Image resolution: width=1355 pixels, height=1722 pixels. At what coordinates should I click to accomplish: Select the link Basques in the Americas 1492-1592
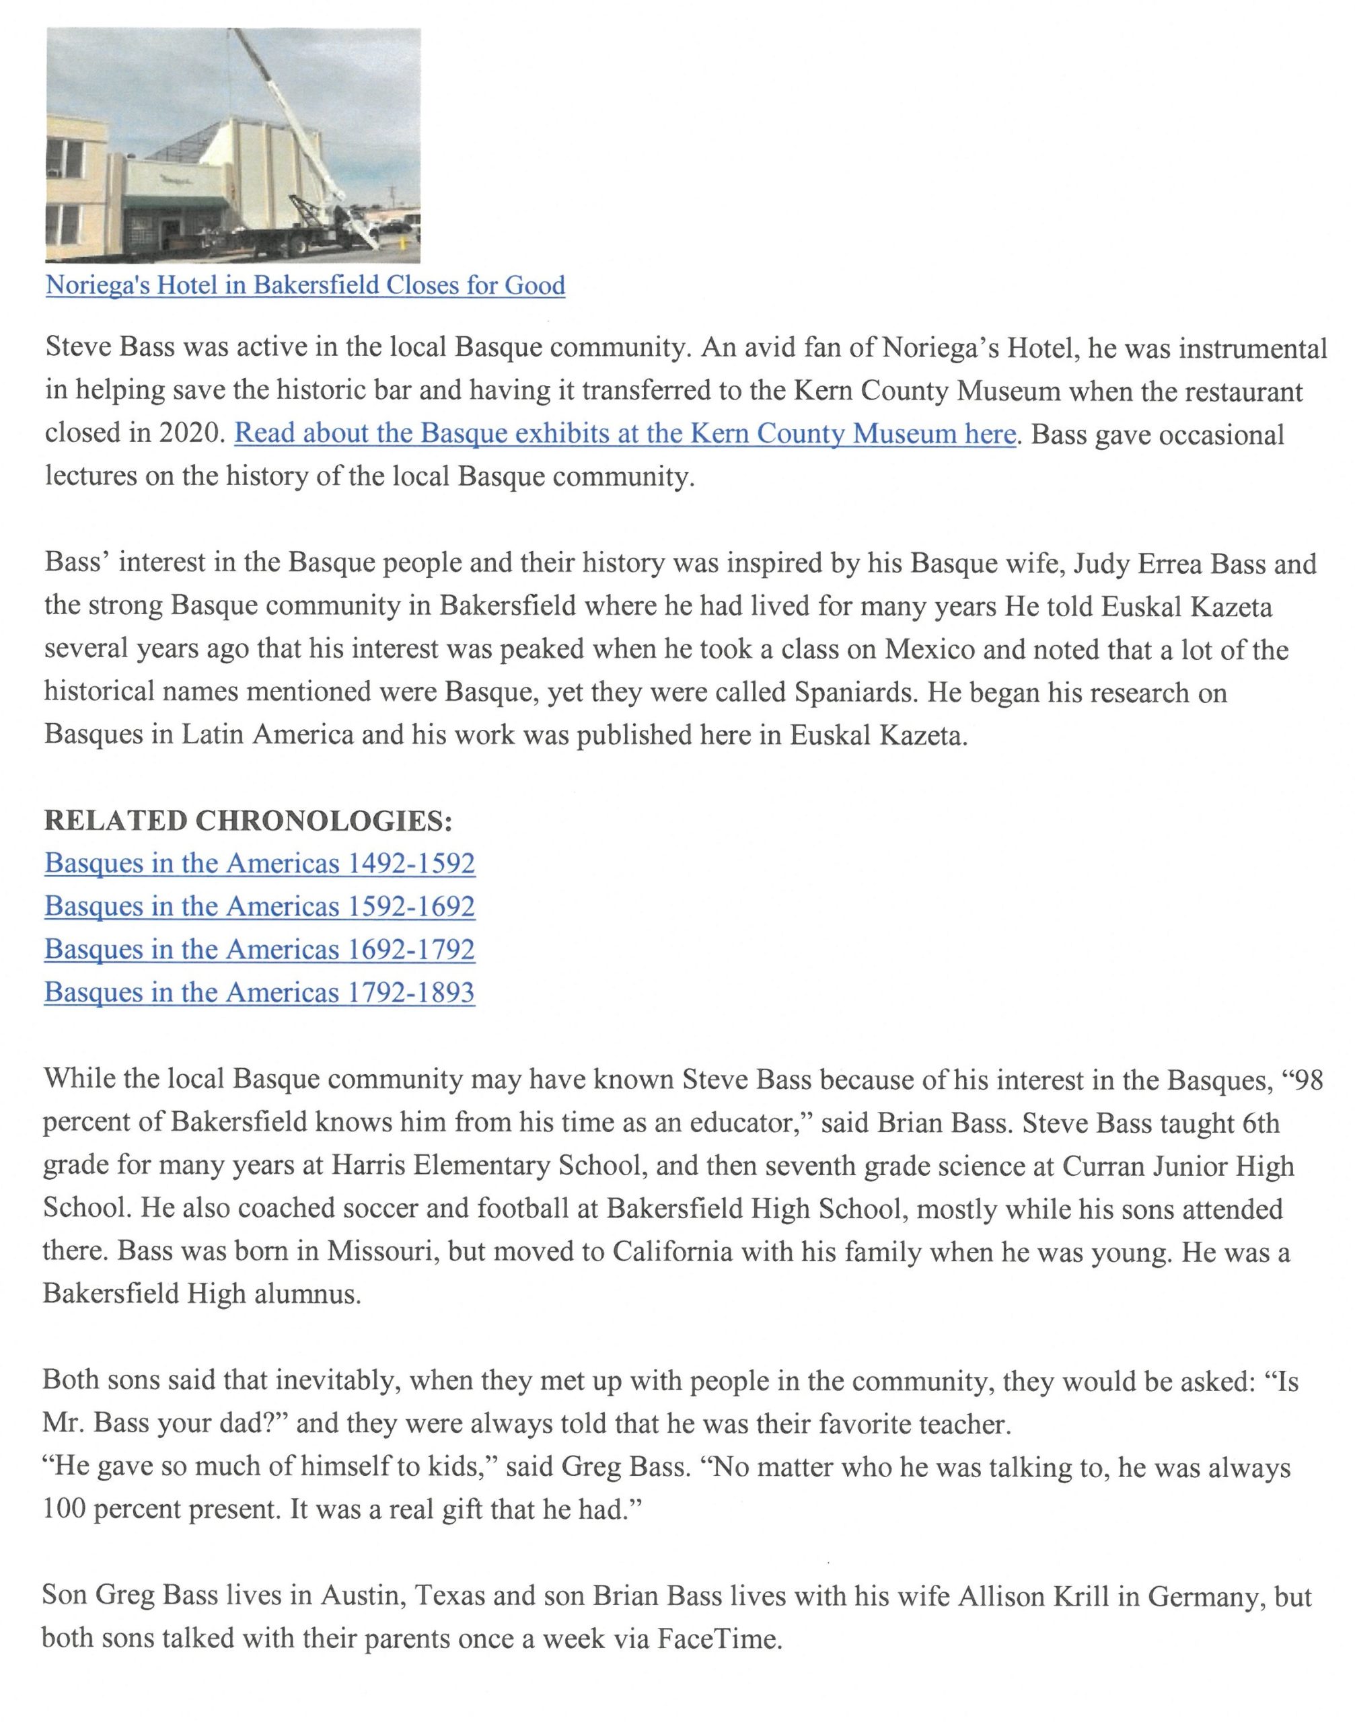[260, 863]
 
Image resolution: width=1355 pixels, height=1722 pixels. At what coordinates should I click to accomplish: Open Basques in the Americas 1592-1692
[260, 906]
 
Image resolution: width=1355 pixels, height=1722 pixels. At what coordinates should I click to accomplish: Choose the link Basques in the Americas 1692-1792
[260, 948]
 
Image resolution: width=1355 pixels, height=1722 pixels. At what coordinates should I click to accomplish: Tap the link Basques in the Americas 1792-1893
[260, 992]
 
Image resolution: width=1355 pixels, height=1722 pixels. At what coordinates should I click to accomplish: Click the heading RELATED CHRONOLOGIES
[248, 820]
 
